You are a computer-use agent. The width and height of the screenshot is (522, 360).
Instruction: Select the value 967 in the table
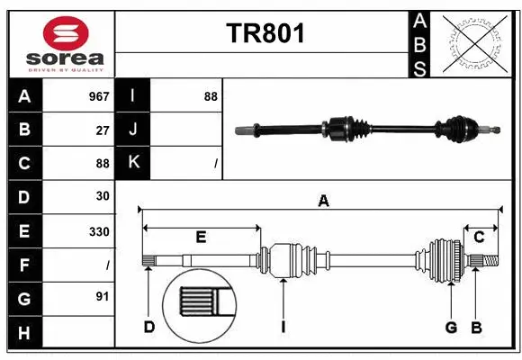click(98, 96)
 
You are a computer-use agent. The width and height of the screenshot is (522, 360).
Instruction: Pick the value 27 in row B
click(103, 130)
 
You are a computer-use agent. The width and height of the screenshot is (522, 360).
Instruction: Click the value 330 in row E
click(98, 231)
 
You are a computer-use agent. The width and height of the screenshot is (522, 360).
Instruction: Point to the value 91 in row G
click(103, 299)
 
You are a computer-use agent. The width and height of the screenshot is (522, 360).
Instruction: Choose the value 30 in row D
click(103, 196)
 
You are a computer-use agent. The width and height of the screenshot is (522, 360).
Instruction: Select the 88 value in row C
click(103, 163)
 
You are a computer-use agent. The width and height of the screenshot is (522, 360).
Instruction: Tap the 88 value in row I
click(210, 96)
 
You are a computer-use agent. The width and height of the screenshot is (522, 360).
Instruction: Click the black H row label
click(24, 333)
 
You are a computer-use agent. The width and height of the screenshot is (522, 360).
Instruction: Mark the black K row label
click(132, 163)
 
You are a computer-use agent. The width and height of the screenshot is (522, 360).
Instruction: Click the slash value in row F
click(107, 265)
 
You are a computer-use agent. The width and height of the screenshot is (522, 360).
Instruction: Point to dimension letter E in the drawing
click(201, 237)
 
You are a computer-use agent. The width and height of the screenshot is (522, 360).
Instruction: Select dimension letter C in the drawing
click(479, 237)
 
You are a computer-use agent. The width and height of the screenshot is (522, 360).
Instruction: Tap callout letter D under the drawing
click(149, 327)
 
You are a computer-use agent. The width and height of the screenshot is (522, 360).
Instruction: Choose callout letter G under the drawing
click(451, 327)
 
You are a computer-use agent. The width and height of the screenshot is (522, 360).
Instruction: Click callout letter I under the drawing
click(283, 327)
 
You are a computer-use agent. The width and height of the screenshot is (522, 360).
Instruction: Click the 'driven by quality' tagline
click(66, 69)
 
